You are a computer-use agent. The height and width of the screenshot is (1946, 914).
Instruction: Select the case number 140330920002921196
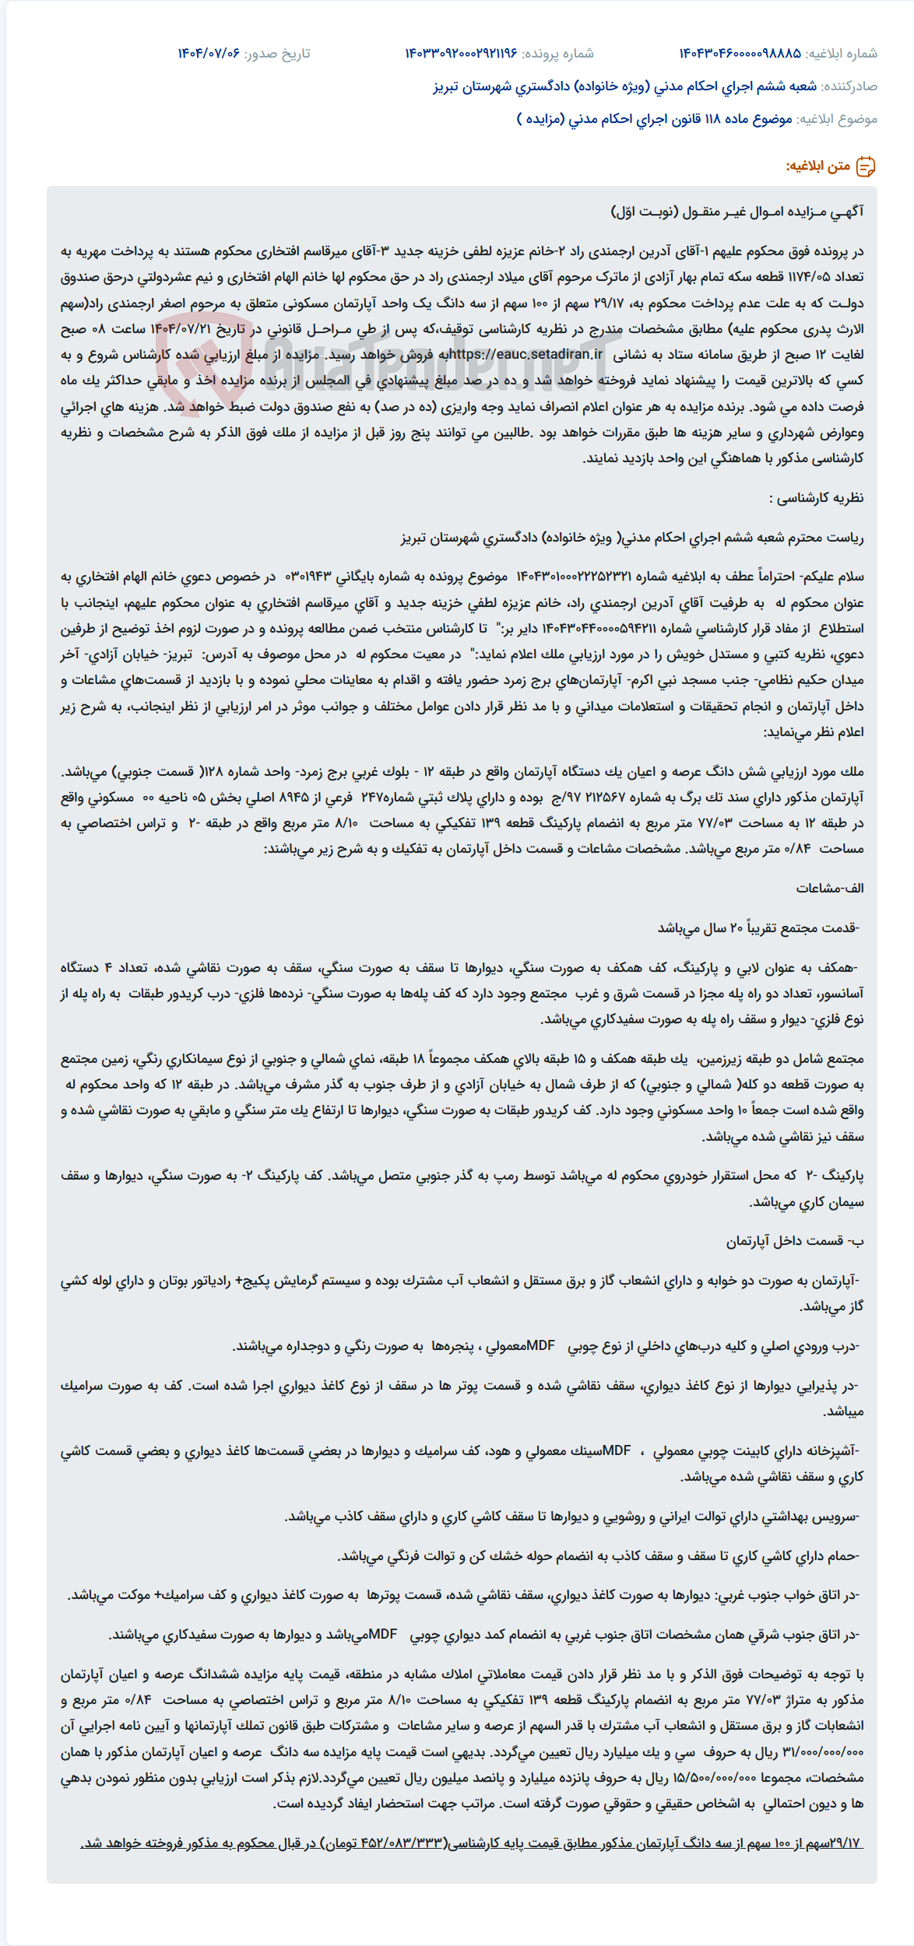click(461, 54)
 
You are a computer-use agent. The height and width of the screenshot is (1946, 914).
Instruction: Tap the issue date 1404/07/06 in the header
click(209, 54)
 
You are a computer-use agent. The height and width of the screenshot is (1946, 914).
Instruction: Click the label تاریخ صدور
click(277, 54)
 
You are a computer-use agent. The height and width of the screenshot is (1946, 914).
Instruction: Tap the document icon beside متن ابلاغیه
click(866, 167)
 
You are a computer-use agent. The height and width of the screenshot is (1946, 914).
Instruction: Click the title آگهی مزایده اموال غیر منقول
click(737, 212)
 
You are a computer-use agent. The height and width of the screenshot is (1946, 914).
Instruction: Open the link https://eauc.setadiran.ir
click(526, 355)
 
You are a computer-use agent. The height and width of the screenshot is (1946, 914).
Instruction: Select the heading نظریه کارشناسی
click(816, 498)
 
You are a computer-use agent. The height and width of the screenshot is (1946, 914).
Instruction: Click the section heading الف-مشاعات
click(830, 888)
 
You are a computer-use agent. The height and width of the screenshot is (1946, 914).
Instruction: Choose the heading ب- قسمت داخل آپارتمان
click(795, 1241)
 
